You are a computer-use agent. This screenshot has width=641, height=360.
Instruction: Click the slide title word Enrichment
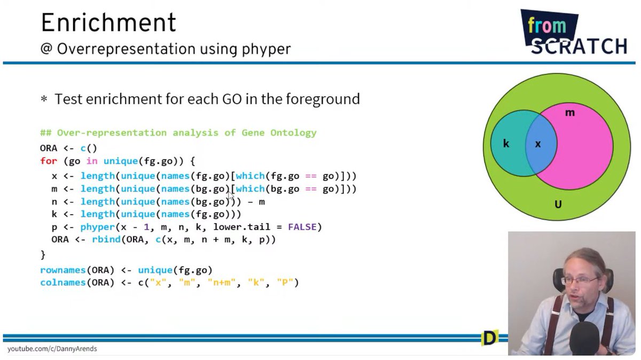[108, 22]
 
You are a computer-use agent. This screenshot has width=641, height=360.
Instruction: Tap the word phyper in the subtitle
[265, 49]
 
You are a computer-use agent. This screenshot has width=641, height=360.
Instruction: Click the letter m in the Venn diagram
[569, 113]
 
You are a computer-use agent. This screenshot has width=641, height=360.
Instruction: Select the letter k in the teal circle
[506, 144]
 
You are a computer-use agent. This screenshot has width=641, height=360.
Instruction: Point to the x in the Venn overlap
[538, 144]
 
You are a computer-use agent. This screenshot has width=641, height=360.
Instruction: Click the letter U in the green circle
[558, 204]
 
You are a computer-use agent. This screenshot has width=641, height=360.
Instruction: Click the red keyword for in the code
[49, 161]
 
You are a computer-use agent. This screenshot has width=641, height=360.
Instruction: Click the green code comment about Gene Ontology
[178, 132]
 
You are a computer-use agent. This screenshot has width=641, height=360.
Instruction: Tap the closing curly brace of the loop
[43, 254]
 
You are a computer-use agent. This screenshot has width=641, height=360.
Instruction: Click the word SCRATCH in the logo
[579, 46]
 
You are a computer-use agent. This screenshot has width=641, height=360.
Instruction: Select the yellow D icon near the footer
[489, 338]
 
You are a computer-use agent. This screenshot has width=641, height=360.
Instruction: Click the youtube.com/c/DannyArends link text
[52, 349]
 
